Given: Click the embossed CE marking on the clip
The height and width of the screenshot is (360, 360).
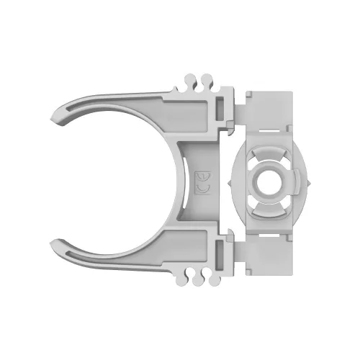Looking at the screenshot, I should [x=204, y=181].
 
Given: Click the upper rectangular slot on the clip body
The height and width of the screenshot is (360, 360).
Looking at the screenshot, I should [x=219, y=109].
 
